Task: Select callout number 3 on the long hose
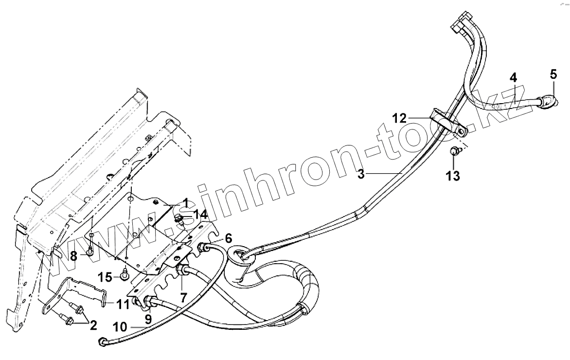361,174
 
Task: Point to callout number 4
513,77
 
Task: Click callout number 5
553,74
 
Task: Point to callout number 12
400,118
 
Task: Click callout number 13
453,176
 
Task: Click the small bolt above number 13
453,151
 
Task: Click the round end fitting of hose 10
103,342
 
